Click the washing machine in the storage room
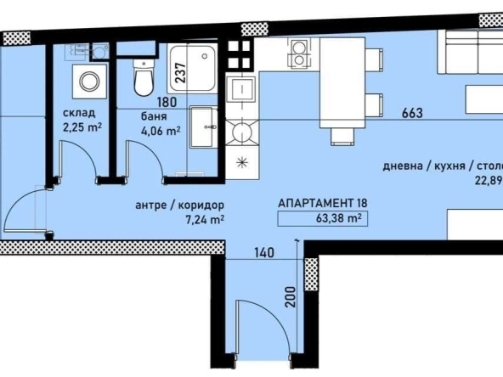click(x=88, y=82)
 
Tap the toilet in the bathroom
click(x=144, y=81)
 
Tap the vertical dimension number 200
click(x=291, y=295)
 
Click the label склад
click(x=77, y=113)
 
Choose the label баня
click(x=153, y=115)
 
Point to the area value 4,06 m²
click(x=161, y=131)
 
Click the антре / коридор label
click(x=179, y=205)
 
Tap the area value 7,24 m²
click(x=204, y=219)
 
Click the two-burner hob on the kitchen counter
click(x=299, y=56)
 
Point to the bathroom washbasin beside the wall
click(x=204, y=127)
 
